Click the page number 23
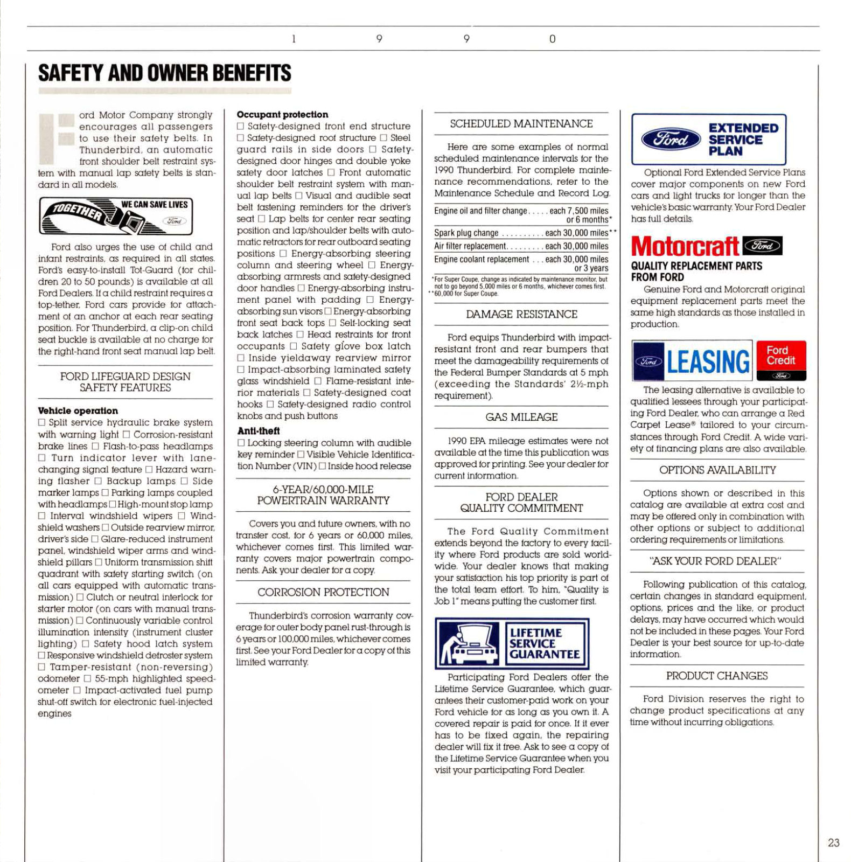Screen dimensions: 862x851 [x=833, y=843]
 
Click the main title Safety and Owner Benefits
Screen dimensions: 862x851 [x=164, y=73]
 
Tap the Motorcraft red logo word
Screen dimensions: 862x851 [x=685, y=247]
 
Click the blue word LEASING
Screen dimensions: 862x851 [x=708, y=361]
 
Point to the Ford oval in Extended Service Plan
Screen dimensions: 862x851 [x=671, y=140]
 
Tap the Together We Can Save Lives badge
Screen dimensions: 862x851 [x=116, y=215]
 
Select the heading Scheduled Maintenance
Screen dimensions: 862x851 [x=521, y=124]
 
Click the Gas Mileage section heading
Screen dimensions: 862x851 [x=521, y=417]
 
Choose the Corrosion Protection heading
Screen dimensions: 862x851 [x=323, y=592]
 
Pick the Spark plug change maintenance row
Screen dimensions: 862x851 [x=466, y=233]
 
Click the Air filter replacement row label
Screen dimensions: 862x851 [x=470, y=246]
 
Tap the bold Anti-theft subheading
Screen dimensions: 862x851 [x=259, y=431]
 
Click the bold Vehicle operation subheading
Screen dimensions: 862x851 [x=78, y=411]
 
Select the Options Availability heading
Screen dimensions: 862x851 [x=717, y=470]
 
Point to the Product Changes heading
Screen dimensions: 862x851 [x=717, y=676]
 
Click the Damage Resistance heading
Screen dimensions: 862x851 [x=521, y=314]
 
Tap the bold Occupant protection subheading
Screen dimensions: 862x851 [x=282, y=114]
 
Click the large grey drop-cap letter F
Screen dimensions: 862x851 [x=56, y=138]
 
